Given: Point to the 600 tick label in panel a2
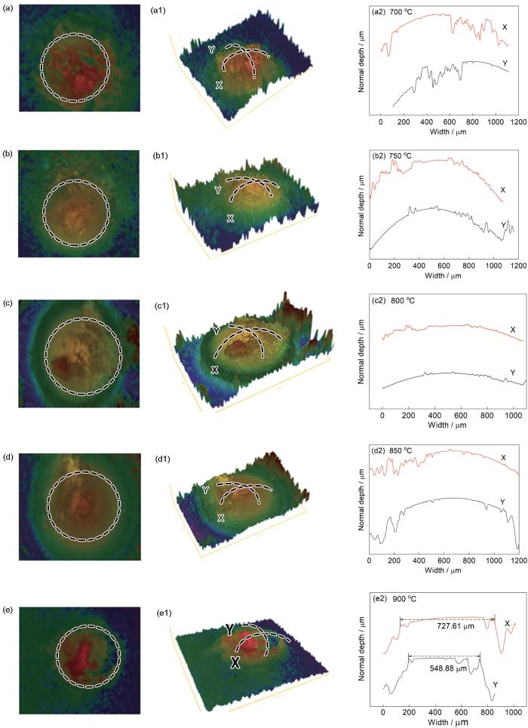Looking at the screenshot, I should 450,121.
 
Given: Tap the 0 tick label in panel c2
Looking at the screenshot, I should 382,416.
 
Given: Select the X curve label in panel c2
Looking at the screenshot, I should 512,330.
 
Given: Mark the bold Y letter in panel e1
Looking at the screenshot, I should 229,629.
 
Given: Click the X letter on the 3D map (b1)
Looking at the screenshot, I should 230,217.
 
